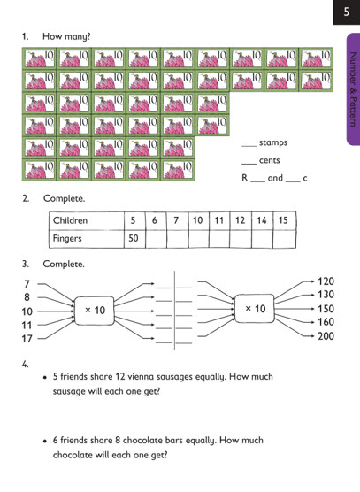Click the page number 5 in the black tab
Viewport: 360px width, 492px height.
pyautogui.click(x=346, y=12)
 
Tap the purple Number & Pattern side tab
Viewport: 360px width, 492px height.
pyautogui.click(x=354, y=89)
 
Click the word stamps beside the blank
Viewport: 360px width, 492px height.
pyautogui.click(x=273, y=142)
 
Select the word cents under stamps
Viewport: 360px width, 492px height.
pyautogui.click(x=270, y=160)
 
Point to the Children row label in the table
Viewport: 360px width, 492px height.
pyautogui.click(x=70, y=220)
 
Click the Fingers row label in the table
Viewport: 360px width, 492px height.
pyautogui.click(x=67, y=238)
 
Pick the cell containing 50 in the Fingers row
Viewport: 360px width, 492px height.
pyautogui.click(x=134, y=239)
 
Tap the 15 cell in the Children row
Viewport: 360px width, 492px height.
pyautogui.click(x=284, y=220)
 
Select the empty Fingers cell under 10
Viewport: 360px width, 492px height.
pyautogui.click(x=198, y=239)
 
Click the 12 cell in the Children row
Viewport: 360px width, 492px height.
pyautogui.click(x=241, y=220)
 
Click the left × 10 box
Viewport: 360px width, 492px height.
pyautogui.click(x=95, y=311)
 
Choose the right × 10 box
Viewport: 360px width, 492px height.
pyautogui.click(x=255, y=309)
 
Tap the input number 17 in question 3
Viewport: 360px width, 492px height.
pyautogui.click(x=27, y=339)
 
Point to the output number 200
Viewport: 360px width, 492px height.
pyautogui.click(x=326, y=336)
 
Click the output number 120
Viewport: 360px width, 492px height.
pyautogui.click(x=326, y=281)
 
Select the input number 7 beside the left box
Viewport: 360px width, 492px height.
pyautogui.click(x=27, y=284)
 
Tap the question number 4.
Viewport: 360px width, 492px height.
pyautogui.click(x=26, y=365)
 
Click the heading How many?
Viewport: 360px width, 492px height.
pyautogui.click(x=66, y=36)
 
